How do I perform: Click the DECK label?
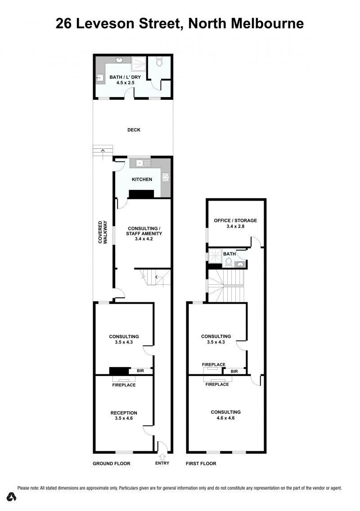(134, 130)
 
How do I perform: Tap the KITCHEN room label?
(142, 179)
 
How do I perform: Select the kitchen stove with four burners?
(166, 177)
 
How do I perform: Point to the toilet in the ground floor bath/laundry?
(159, 62)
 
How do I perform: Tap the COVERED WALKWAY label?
(103, 232)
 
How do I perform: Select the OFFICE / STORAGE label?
(235, 220)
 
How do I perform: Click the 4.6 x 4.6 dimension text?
(225, 418)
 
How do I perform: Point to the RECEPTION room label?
(124, 412)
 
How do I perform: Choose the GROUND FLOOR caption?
(112, 463)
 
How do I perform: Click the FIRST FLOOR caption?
(201, 463)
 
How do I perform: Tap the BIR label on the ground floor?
(140, 371)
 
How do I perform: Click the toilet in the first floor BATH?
(229, 262)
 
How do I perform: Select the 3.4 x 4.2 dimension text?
(144, 238)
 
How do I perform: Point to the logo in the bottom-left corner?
(11, 496)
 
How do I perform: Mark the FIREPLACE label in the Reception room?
(124, 385)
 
